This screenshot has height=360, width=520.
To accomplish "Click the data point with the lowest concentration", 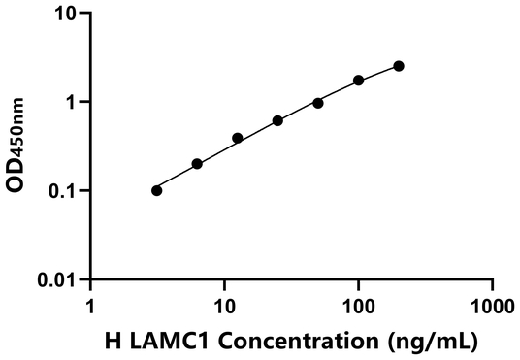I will (x=157, y=190).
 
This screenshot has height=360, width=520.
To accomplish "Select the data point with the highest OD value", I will (x=399, y=66).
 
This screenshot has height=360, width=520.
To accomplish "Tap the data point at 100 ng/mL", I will (x=359, y=80).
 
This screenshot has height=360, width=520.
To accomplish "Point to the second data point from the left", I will (x=197, y=164).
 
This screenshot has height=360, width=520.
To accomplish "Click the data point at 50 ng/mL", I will (x=318, y=103).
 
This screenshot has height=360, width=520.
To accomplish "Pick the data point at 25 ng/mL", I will (x=277, y=120).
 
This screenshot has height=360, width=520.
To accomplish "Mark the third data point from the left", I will (x=238, y=138).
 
